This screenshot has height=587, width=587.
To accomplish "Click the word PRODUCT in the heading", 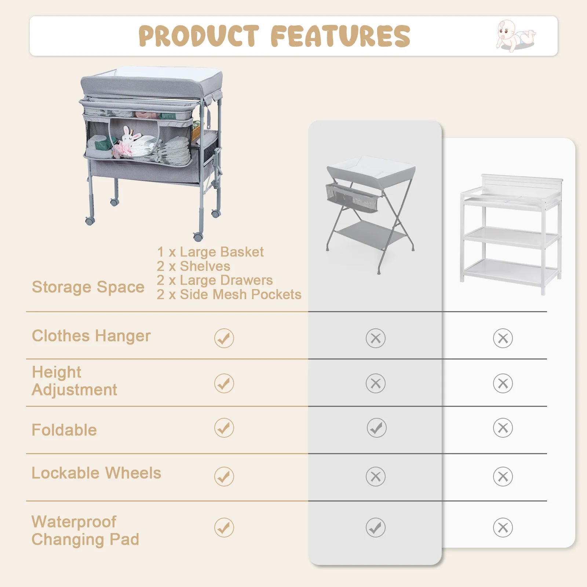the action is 199,36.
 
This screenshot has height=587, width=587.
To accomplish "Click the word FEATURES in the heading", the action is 340,36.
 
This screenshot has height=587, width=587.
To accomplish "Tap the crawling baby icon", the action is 515,36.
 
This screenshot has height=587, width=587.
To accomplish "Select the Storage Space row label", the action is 88,287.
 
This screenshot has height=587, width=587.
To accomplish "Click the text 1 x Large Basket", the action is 210,252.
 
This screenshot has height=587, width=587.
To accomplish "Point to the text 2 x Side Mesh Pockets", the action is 229,294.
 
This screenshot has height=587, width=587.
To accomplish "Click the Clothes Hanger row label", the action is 91,336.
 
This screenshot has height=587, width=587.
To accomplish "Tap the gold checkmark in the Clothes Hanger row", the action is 224,338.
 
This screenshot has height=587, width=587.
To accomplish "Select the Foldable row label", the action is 64,430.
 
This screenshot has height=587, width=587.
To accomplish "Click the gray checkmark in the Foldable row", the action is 376,428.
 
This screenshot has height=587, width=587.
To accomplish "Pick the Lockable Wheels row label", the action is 96,473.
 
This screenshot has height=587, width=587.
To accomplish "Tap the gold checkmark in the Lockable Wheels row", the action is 224,477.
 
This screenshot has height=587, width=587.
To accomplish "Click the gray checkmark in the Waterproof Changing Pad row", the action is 376,528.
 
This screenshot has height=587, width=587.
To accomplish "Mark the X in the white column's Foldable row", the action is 503,428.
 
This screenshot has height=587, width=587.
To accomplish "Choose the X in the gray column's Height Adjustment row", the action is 376,383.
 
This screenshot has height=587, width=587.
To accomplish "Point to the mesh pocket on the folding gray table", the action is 351,198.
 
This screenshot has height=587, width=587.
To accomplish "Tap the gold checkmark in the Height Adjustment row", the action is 224,383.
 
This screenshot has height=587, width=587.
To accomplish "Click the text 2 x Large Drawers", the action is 215,280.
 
